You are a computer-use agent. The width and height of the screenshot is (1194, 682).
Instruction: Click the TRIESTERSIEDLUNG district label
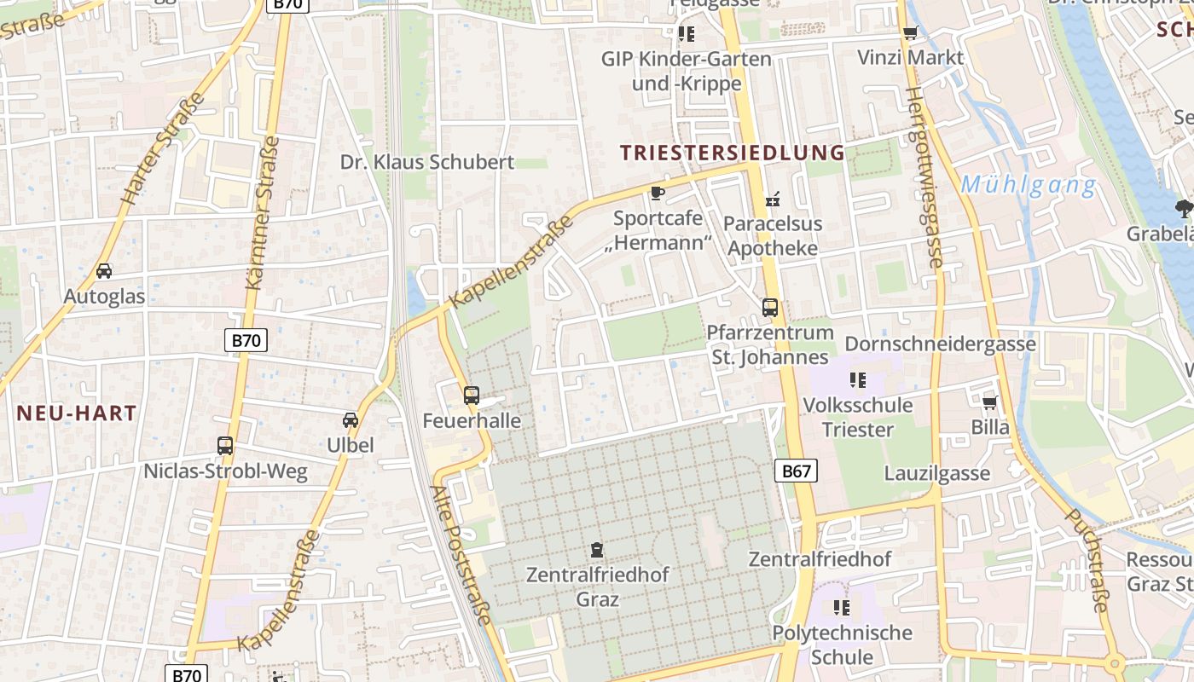coord(732,153)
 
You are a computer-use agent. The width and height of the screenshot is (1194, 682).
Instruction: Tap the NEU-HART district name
coord(77,413)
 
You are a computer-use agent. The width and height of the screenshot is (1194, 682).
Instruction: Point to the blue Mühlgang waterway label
coord(1028,185)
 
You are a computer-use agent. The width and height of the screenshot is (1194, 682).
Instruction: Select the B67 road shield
coord(797,471)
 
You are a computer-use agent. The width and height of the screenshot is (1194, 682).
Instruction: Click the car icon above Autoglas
coord(104,271)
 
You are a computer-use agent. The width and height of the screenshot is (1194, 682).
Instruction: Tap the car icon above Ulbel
coord(350,420)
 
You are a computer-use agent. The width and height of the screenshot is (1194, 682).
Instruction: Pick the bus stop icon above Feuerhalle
coord(472,396)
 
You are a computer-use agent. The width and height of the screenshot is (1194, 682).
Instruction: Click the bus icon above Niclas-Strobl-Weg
coord(225,446)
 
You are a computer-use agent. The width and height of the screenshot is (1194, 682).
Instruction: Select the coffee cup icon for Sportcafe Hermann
coord(657,194)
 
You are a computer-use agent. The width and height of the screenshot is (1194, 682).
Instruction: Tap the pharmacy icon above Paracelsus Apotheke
coord(773,200)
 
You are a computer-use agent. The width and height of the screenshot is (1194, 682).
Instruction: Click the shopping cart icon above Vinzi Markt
coord(910,34)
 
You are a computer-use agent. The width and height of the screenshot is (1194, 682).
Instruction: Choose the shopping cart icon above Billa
coord(989,402)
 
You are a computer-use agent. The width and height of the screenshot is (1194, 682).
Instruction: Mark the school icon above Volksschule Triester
coord(857,380)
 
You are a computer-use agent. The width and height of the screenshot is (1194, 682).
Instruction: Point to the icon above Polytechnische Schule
coord(842,608)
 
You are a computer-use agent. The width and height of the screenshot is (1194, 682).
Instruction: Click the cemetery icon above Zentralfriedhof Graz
coord(597,550)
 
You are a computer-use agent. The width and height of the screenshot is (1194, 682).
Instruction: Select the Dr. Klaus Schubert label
coord(427,162)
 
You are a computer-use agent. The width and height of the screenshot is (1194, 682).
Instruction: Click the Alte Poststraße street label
coord(461,554)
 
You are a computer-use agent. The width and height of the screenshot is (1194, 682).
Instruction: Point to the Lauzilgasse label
coord(936,474)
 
